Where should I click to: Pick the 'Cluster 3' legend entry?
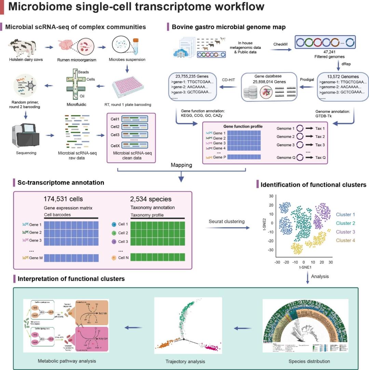(x=345, y=232)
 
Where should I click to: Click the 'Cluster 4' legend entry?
(x=345, y=241)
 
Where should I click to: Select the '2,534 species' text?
(x=151, y=199)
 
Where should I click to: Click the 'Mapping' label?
(x=181, y=165)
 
